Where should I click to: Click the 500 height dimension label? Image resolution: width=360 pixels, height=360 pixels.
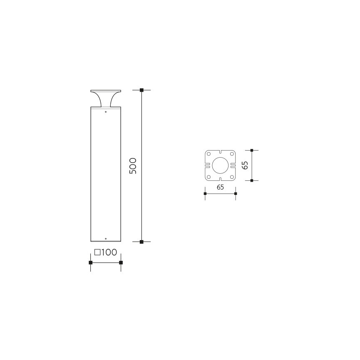tap(133, 166)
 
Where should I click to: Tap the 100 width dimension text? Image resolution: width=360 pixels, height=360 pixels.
tap(109, 253)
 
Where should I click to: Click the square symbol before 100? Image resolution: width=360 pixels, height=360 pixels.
tap(97, 253)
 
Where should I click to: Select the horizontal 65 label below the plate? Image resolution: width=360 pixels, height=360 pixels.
tap(220, 187)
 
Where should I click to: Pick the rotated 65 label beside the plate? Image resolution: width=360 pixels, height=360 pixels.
tap(245, 165)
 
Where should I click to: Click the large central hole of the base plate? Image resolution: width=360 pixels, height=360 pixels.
tap(220, 165)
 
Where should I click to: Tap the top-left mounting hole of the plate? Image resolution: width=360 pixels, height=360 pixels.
tap(209, 154)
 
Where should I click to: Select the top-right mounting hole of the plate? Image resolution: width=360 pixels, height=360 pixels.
tap(232, 154)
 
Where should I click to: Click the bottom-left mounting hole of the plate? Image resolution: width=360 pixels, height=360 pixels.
tap(209, 177)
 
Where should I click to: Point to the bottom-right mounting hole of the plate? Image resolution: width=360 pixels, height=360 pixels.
tap(232, 177)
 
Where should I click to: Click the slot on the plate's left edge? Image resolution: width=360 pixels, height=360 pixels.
tap(206, 165)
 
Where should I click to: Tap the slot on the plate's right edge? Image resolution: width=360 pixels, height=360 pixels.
tap(234, 165)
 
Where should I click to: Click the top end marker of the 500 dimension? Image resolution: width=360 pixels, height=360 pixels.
tap(141, 90)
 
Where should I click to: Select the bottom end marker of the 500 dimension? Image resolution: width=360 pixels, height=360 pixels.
tap(141, 241)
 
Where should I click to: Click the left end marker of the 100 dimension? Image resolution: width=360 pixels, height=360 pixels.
tap(90, 263)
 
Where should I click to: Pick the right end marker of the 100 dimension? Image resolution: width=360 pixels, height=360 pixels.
tap(121, 263)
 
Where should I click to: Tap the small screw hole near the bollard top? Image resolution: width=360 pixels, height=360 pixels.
tap(106, 112)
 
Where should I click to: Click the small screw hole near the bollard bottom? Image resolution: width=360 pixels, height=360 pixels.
tap(106, 239)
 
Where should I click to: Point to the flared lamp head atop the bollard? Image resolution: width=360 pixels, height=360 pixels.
tap(105, 98)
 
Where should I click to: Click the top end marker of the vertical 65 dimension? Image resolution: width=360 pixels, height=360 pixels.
tap(252, 150)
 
